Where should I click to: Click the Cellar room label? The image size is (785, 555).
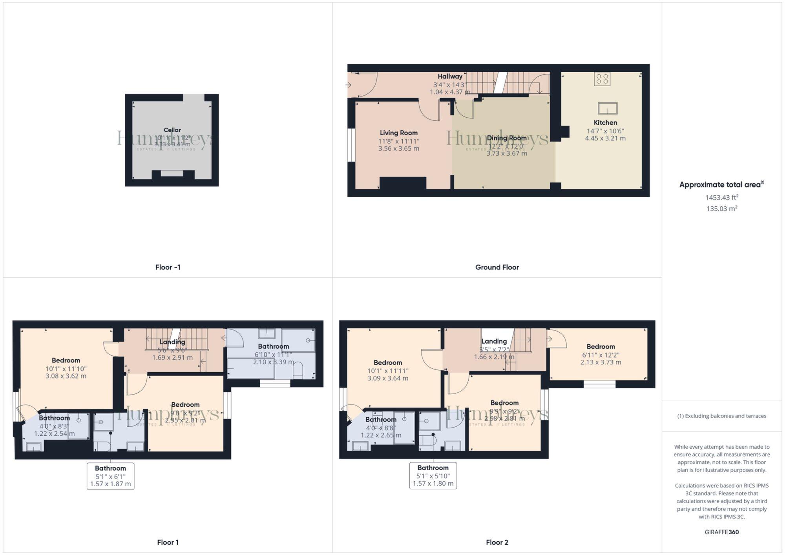[x=172, y=130]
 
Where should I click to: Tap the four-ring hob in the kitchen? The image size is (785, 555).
[x=602, y=79]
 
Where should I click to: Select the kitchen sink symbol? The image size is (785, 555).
[x=608, y=108]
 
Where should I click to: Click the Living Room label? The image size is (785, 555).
[x=398, y=133]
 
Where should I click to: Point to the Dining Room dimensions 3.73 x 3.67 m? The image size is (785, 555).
[x=507, y=153]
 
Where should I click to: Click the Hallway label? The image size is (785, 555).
[x=450, y=76]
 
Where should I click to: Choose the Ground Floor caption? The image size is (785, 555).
[x=497, y=267]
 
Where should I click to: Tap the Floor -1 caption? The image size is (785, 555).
[x=168, y=267]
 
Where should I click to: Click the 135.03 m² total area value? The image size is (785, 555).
[x=721, y=209]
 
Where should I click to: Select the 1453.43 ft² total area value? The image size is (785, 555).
[x=721, y=197]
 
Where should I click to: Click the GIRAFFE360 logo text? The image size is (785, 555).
[x=721, y=532]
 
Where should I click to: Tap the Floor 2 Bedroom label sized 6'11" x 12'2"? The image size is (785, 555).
[x=601, y=347]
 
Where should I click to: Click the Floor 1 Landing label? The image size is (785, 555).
[x=172, y=342]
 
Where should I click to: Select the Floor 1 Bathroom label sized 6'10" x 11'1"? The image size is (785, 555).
[x=273, y=346]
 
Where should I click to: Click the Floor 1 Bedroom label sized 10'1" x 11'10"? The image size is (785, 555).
[x=66, y=360]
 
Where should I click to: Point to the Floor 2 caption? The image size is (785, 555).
[x=497, y=542]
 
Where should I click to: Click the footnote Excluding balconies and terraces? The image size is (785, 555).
[x=721, y=416]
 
